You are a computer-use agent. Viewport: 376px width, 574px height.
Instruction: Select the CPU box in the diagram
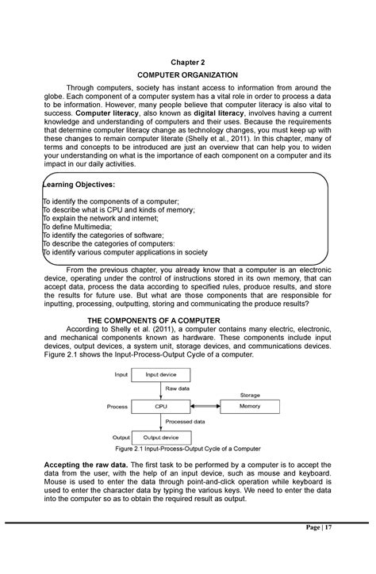coord(162,406)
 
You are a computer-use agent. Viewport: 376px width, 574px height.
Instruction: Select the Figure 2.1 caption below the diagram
coord(188,449)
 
